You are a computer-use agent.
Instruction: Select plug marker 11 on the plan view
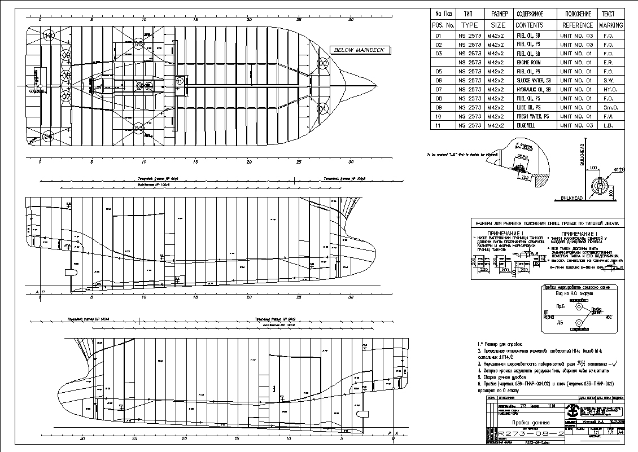tap(180, 81)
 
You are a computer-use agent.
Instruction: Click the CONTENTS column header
tap(529, 25)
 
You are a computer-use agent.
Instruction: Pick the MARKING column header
tap(610, 25)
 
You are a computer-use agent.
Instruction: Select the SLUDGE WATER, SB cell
tap(534, 80)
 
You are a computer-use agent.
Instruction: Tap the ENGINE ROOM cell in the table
tap(528, 62)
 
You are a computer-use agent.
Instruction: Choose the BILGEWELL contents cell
tap(527, 125)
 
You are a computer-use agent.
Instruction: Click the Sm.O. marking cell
tap(609, 107)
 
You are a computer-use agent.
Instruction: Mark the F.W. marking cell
tap(609, 116)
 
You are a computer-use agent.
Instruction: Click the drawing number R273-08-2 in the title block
tap(530, 433)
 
